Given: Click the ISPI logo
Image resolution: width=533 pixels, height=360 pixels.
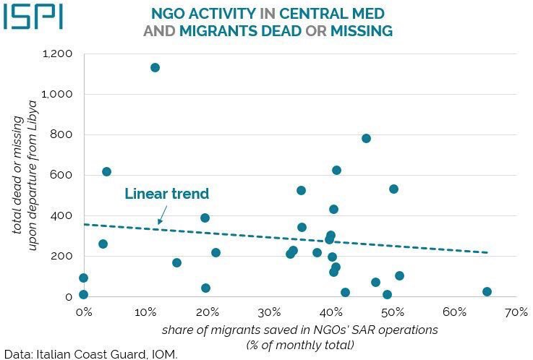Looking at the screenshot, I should [x=32, y=17].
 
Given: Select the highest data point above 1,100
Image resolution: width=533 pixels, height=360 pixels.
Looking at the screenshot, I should [x=155, y=67].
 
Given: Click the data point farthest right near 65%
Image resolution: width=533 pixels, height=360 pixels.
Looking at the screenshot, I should [x=487, y=291].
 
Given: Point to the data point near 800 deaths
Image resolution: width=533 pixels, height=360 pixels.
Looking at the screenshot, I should [x=366, y=138].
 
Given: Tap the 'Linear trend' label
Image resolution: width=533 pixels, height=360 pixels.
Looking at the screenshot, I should [x=166, y=194].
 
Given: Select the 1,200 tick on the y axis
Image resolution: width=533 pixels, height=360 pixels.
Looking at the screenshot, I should [x=59, y=54].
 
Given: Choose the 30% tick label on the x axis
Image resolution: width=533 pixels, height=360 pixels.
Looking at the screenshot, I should [x=269, y=312].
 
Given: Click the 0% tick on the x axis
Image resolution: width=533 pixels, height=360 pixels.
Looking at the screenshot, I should [x=83, y=312].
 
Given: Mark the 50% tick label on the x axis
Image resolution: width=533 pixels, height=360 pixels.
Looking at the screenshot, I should [x=393, y=312].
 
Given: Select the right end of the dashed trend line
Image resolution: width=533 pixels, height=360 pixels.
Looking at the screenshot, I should [x=488, y=252].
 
